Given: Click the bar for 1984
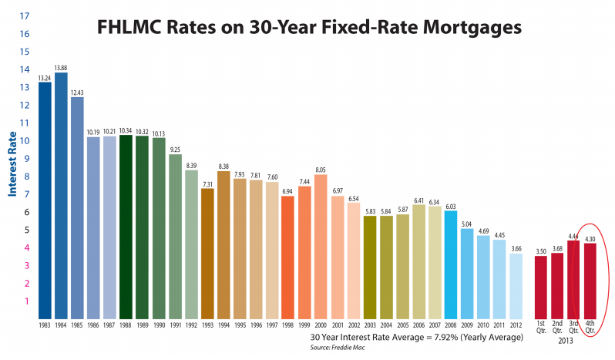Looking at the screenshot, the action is click(x=61, y=196).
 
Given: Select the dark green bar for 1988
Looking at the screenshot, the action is click(x=126, y=227).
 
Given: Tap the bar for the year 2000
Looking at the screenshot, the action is click(x=321, y=247).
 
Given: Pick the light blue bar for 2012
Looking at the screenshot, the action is click(x=516, y=286).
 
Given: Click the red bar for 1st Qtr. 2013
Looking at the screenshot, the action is click(x=541, y=288).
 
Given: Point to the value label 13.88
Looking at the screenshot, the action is click(x=61, y=68).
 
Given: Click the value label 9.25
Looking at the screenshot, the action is click(x=175, y=150).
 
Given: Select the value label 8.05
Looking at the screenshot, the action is click(x=321, y=170).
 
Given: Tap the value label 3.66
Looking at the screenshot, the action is click(x=516, y=249).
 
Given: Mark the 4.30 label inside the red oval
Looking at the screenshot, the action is click(x=590, y=239).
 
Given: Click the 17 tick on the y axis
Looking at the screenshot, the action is click(x=25, y=16).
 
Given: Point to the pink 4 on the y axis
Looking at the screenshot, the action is click(x=27, y=248).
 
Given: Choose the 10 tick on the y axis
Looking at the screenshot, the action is click(x=25, y=141).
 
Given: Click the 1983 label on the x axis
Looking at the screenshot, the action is click(x=45, y=325).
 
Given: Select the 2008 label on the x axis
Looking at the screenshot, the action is click(x=451, y=325).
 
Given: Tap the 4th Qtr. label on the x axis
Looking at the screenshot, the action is click(x=590, y=327).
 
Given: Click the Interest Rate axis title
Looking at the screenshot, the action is click(x=12, y=164).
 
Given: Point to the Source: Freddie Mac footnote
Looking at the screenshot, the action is click(x=338, y=348).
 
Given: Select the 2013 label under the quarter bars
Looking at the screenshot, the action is click(x=566, y=341).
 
